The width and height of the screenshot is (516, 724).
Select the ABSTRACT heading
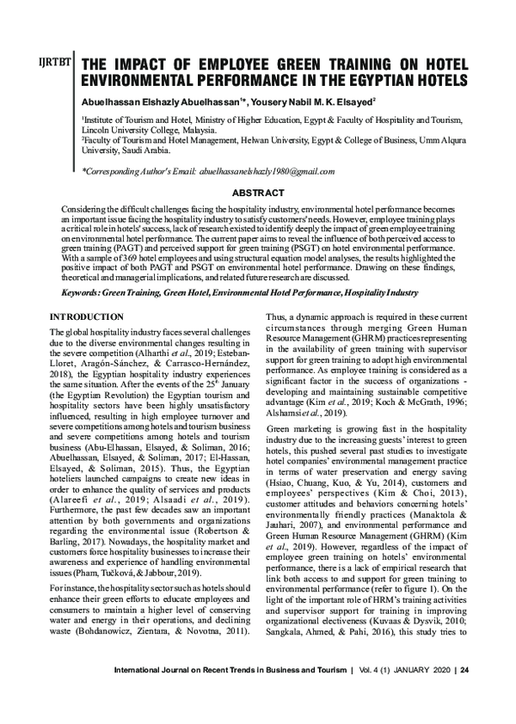point(257,193)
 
